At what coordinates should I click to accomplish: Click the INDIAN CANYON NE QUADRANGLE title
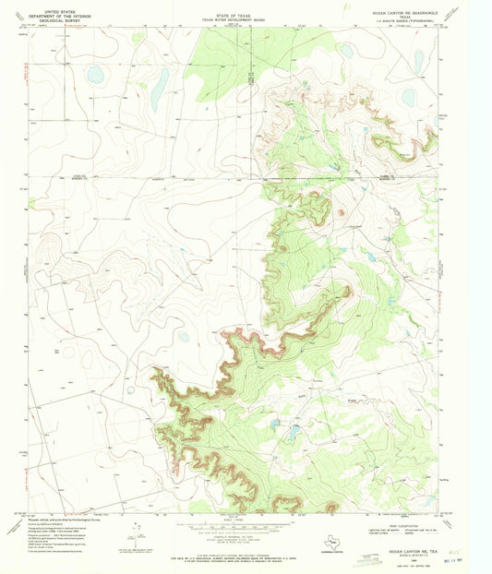[407, 13]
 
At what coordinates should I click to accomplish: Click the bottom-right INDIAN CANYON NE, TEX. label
[408, 526]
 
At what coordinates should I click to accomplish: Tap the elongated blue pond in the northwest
[159, 88]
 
